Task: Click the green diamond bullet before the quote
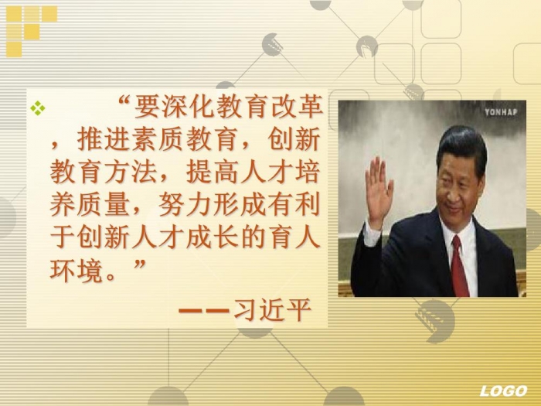click(x=38, y=107)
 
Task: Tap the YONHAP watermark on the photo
click(x=501, y=112)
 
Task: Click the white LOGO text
click(x=503, y=391)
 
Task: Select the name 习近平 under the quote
click(x=273, y=309)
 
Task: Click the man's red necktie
click(x=460, y=267)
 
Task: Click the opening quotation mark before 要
click(x=124, y=101)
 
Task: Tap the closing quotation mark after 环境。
click(x=139, y=265)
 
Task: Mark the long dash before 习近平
click(x=204, y=310)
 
